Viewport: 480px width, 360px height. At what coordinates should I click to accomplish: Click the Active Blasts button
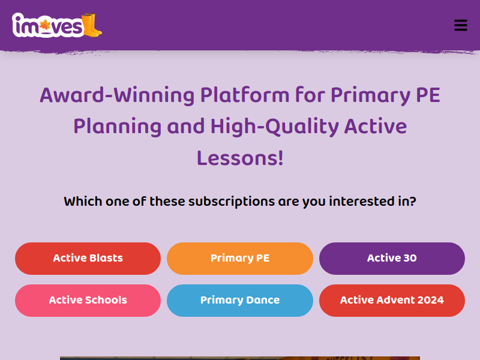[x=88, y=259]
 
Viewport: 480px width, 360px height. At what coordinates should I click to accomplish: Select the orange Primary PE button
[x=240, y=259]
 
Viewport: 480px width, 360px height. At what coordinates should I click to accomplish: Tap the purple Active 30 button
[x=392, y=259]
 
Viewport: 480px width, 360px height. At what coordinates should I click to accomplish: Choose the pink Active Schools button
[x=88, y=301]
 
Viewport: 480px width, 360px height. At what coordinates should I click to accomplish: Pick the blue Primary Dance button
[x=240, y=301]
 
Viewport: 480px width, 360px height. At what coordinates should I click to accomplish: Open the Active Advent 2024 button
[x=392, y=301]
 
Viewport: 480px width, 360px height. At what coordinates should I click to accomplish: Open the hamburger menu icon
[x=461, y=25]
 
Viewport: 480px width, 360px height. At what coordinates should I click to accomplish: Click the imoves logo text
[x=48, y=25]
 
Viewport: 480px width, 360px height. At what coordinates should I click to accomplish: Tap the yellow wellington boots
[x=92, y=25]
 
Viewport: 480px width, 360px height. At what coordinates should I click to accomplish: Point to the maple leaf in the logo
[x=46, y=25]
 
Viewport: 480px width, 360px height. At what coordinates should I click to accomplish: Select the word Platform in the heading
[x=245, y=95]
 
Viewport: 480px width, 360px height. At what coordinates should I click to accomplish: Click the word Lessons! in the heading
[x=240, y=158]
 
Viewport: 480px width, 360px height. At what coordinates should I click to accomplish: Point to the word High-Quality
[x=275, y=127]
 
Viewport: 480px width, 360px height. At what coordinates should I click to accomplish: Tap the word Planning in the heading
[x=117, y=127]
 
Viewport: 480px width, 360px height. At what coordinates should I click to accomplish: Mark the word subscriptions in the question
[x=232, y=202]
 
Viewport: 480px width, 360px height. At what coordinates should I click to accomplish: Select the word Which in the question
[x=83, y=202]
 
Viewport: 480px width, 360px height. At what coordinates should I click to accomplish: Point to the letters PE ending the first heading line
[x=428, y=95]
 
